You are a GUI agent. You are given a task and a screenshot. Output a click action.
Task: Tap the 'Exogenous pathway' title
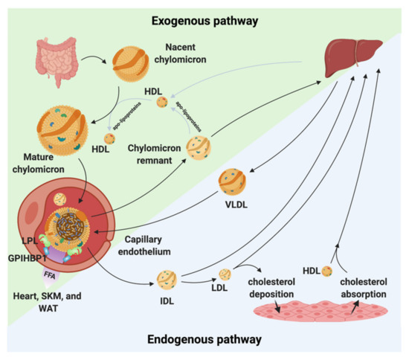pos(205,20)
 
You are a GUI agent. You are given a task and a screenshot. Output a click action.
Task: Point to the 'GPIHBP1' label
pos(27,257)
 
